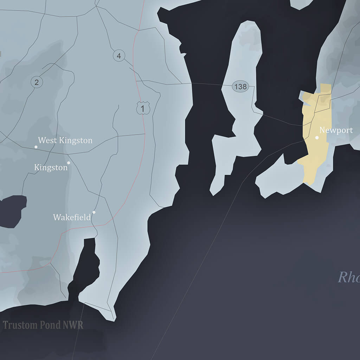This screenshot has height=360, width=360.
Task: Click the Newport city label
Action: coord(336,130)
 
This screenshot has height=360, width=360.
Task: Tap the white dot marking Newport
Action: coord(317,137)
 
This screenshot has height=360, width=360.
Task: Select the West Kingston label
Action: coord(65,141)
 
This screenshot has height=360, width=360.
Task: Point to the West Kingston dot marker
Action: coord(36,147)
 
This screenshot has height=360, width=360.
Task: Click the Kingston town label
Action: coord(51,168)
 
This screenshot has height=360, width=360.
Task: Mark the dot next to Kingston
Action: coord(69,163)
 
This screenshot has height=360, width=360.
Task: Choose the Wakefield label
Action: coord(72,217)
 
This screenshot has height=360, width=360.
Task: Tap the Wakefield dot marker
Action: coord(94,212)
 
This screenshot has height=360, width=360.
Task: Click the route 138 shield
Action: coord(240,86)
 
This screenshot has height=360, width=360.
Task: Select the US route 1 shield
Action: coord(142,109)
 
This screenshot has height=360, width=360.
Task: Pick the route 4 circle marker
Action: coord(119,56)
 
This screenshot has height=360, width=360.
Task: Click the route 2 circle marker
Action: coord(37,82)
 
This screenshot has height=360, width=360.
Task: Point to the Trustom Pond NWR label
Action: coord(43,325)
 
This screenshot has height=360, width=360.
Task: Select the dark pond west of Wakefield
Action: coord(12,211)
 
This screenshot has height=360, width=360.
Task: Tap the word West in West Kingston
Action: coord(47,141)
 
